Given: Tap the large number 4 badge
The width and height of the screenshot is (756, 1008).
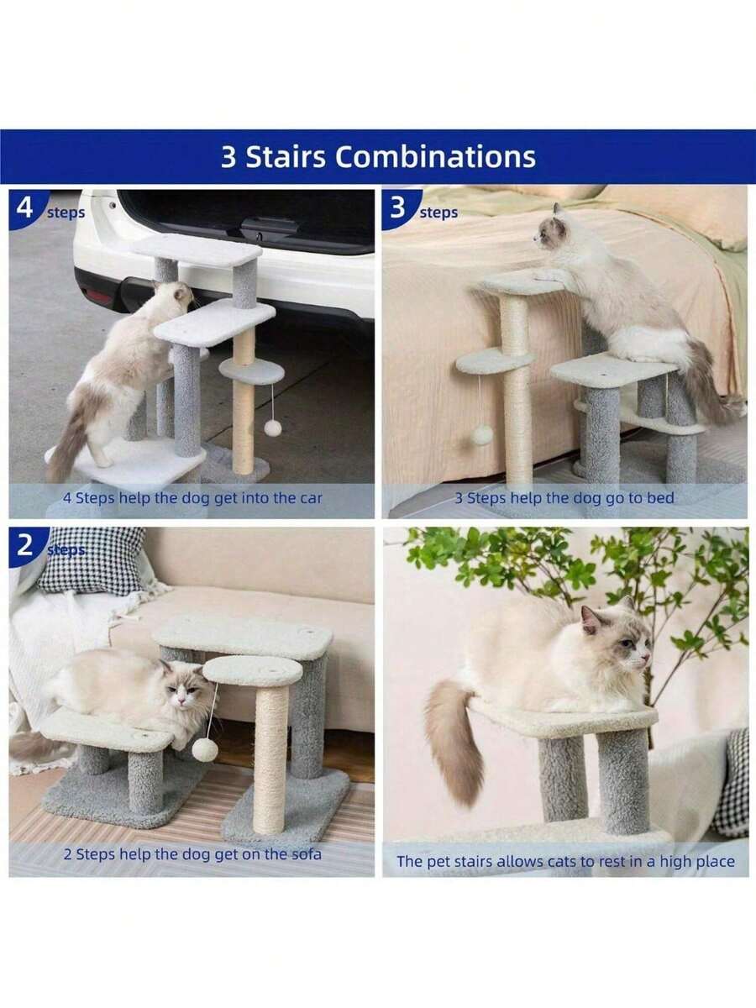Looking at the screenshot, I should [25, 207].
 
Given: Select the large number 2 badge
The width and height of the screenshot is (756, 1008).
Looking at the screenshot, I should [26, 546].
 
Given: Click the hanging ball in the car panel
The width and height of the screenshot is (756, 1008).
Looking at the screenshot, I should [272, 428].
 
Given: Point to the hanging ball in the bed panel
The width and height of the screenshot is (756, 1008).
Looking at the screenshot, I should [481, 434].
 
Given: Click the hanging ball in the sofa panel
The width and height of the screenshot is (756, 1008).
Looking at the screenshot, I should [205, 749].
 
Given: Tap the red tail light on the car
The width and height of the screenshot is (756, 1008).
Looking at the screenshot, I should [98, 296].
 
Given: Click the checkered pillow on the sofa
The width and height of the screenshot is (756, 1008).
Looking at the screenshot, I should [92, 561].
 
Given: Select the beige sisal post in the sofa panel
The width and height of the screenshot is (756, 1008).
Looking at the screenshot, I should [270, 759].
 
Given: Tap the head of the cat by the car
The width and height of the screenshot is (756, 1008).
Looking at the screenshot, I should [175, 296].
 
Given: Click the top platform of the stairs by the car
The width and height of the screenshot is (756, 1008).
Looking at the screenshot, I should [197, 248].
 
